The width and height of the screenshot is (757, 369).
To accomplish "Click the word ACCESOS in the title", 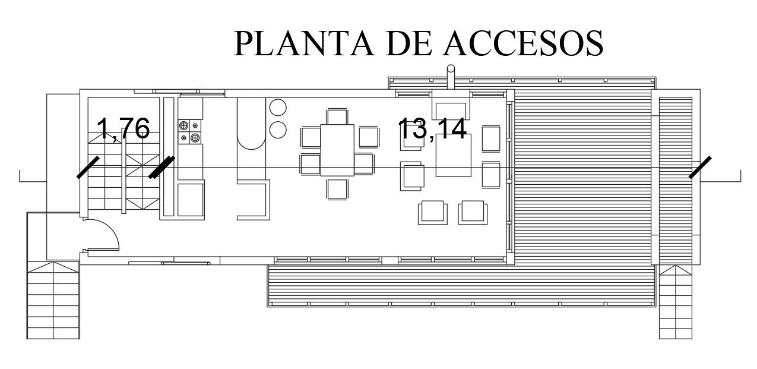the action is tap(523, 43).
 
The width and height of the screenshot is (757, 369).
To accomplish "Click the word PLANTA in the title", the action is tap(303, 43).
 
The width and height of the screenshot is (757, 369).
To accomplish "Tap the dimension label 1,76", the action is tap(123, 128).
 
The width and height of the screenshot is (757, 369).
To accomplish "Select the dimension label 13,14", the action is tap(433, 128).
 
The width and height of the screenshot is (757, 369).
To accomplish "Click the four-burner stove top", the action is tap(189, 132).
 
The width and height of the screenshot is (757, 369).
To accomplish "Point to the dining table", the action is tap(337, 150).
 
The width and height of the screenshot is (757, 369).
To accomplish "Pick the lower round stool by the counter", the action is tap(278, 130).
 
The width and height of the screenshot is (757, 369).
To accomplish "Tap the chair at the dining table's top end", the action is tap(337, 116).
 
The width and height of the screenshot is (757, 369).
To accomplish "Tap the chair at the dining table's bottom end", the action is tap(337, 189).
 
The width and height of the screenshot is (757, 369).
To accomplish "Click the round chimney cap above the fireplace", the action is tap(451, 69).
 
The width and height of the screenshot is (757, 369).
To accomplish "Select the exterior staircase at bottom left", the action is tap(53, 300).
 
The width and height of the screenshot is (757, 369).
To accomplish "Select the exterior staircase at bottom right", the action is tap(676, 302).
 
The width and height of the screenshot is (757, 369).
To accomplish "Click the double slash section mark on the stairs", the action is tap(162, 167).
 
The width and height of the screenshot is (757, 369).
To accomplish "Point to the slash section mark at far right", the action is tap(700, 167).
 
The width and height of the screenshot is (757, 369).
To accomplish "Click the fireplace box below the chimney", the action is tap(451, 105).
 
